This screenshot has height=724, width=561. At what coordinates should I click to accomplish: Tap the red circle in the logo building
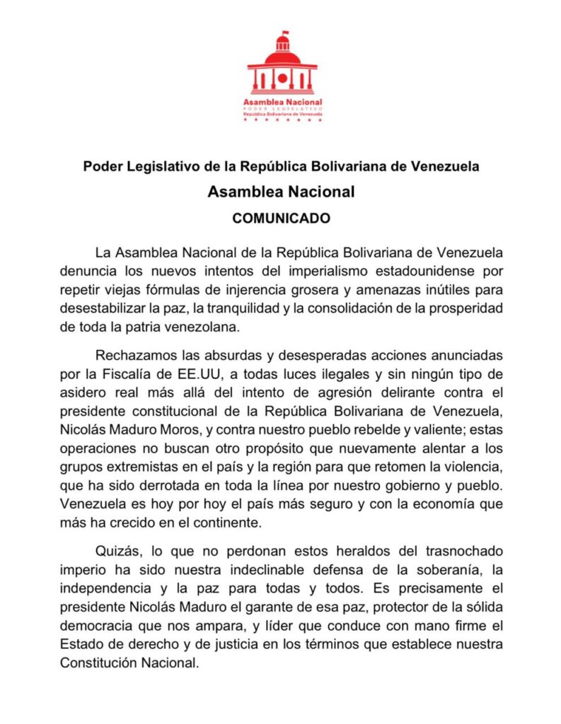[x=282, y=78]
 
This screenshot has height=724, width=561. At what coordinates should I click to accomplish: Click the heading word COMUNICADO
[x=282, y=218]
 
